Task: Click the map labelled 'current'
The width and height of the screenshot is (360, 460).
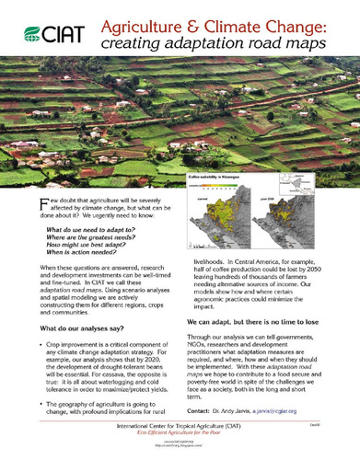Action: (x=214, y=224)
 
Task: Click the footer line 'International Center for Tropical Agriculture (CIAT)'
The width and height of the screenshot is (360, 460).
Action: (x=179, y=429)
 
